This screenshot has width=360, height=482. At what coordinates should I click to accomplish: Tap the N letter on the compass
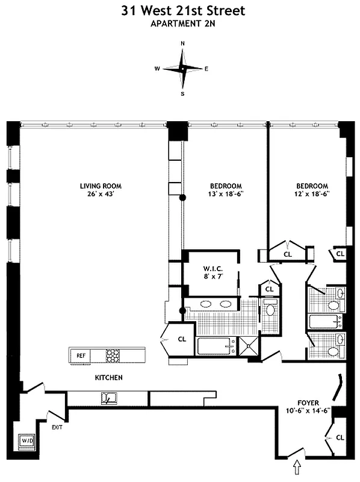pos(182,44)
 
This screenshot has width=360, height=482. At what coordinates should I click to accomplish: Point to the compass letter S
pos(182,93)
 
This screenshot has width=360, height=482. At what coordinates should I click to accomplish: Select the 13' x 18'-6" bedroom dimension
pos(226,194)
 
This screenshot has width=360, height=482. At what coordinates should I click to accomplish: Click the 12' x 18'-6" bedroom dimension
pos(311,194)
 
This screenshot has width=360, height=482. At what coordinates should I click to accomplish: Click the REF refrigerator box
pos(81,355)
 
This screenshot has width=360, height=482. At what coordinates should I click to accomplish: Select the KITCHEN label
pos(109,378)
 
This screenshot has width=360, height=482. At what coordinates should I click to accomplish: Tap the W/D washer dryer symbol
pos(28,441)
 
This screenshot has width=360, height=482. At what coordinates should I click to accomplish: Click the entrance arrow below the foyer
pos(296,466)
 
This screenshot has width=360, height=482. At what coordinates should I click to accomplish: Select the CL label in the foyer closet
pos(340,437)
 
